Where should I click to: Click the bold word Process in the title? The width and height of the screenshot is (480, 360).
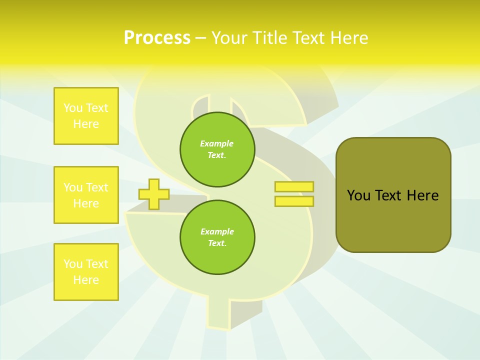[x=157, y=38]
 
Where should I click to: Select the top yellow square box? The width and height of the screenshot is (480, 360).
[x=86, y=116]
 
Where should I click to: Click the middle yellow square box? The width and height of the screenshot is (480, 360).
[x=86, y=195]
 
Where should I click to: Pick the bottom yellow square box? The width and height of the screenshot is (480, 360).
[x=86, y=272]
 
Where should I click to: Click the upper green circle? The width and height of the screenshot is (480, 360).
[x=217, y=149]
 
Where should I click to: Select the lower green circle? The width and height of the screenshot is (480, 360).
[x=217, y=237]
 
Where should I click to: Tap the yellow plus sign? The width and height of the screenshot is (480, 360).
[x=154, y=194]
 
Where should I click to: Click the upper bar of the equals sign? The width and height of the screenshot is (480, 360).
[x=294, y=187]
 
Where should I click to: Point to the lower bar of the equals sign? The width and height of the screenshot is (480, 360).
[x=294, y=201]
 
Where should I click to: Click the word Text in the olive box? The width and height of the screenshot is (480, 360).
[x=388, y=195]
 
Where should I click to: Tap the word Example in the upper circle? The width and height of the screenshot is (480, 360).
[x=217, y=143]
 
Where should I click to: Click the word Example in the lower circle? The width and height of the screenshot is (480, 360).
[x=217, y=231]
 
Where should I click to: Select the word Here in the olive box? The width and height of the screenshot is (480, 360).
[x=422, y=195]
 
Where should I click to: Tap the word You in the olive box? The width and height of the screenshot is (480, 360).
[x=358, y=195]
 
